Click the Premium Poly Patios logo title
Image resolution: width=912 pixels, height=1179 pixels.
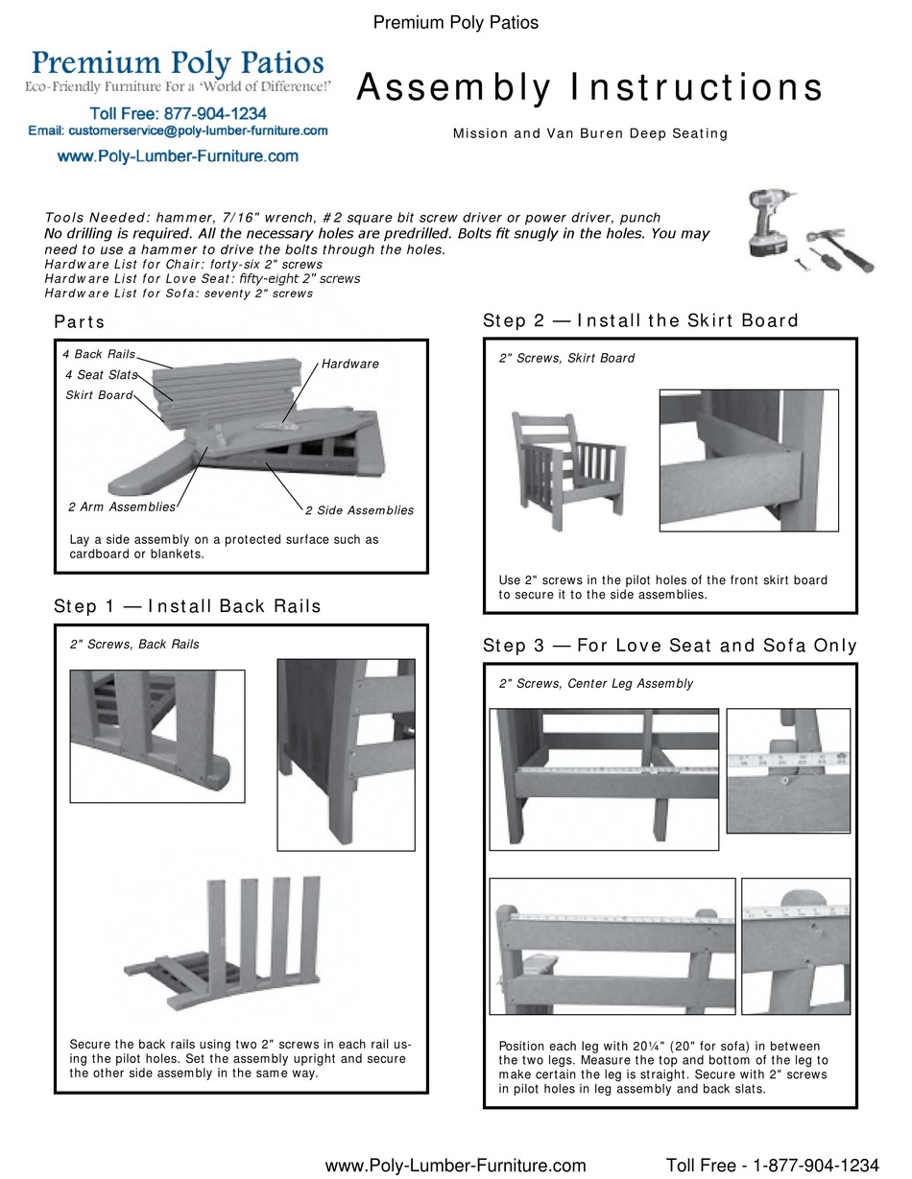(178, 63)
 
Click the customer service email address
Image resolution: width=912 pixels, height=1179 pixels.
(178, 130)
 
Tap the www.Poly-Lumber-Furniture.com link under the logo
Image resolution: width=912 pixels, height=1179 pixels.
(178, 155)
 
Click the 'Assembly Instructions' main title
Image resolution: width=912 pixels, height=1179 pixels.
(589, 88)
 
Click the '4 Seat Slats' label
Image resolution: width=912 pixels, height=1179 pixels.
(101, 375)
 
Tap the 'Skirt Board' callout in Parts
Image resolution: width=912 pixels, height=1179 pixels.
(99, 395)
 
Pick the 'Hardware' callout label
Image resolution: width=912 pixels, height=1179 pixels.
(349, 365)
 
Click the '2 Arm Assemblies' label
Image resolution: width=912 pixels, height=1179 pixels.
(122, 507)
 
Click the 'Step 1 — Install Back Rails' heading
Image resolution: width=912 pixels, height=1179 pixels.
(187, 606)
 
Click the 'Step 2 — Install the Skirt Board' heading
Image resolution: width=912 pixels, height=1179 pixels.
(640, 320)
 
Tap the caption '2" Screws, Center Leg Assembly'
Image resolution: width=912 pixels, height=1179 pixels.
(595, 684)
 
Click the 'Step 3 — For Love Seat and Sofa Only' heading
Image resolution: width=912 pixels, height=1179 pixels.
(669, 646)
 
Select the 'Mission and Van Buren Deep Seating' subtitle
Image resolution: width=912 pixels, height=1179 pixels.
(589, 134)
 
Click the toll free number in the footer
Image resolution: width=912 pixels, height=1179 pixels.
(772, 1166)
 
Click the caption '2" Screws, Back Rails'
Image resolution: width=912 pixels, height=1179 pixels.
(134, 645)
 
